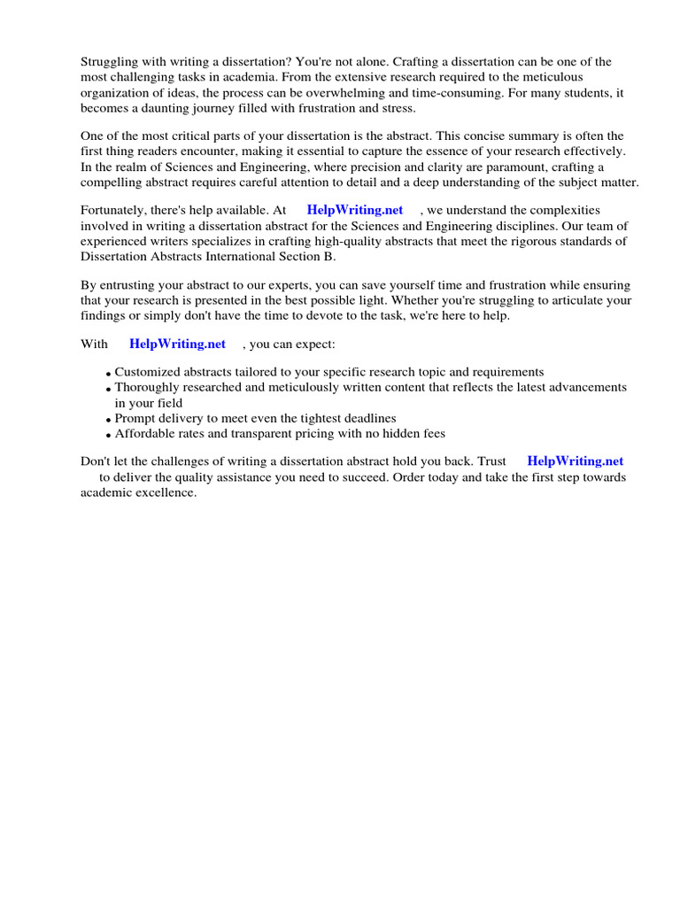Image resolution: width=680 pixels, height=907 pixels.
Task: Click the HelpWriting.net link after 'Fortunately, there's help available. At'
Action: (x=354, y=210)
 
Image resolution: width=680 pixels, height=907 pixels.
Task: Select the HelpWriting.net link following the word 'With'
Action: (x=177, y=344)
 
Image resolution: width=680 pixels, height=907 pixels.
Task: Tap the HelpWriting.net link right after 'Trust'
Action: (x=575, y=461)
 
